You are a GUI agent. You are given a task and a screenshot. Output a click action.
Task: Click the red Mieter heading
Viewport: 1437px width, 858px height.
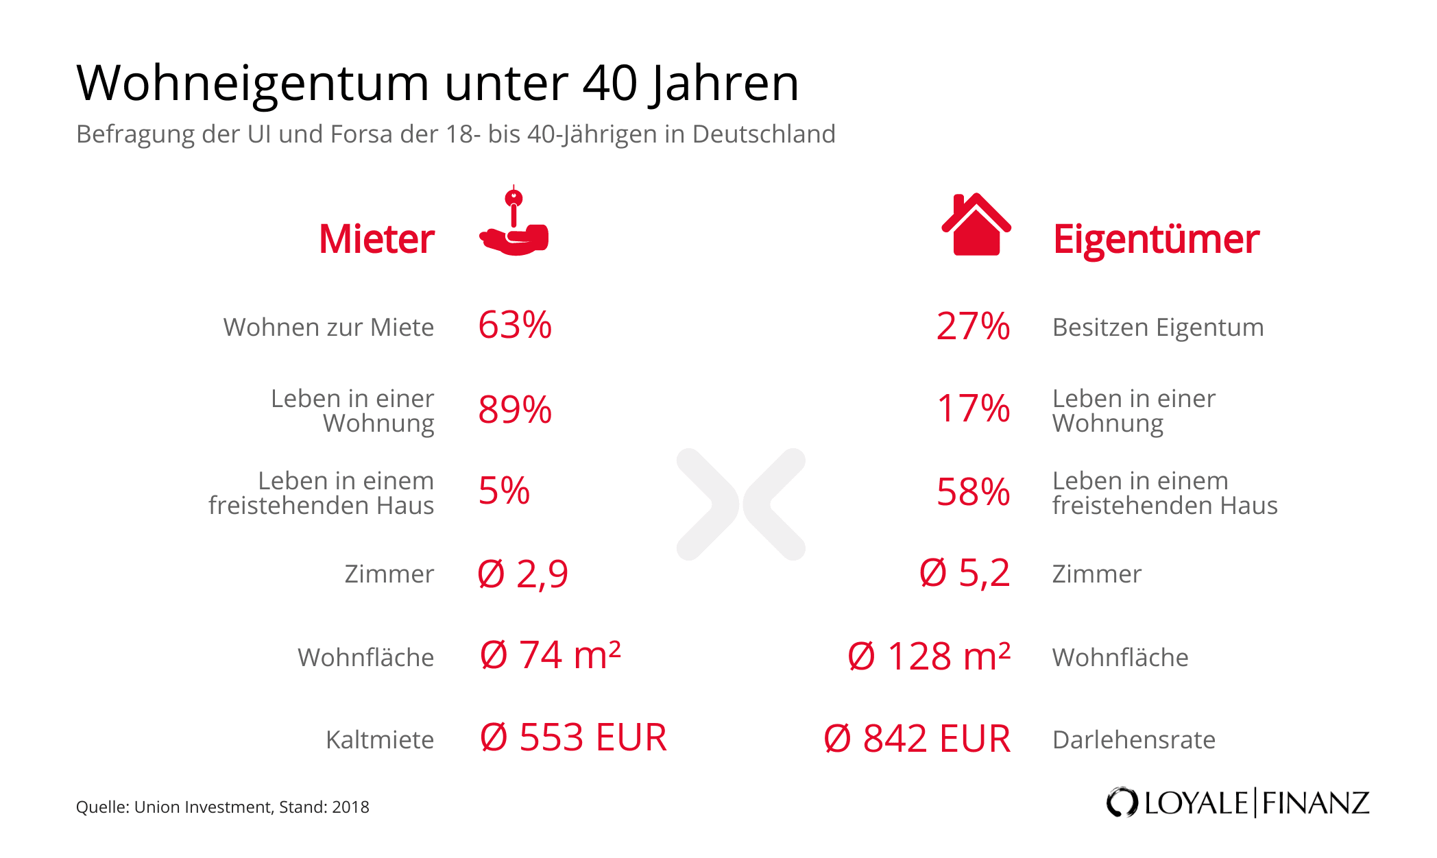tap(376, 239)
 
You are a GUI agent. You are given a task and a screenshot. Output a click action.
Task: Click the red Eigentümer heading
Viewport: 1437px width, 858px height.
tap(1156, 239)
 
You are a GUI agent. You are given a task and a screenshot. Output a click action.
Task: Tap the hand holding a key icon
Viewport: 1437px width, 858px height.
tap(514, 223)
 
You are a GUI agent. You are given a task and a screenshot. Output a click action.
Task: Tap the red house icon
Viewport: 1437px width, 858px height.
tap(976, 225)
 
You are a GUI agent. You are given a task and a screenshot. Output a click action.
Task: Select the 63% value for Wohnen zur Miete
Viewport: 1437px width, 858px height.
tap(515, 326)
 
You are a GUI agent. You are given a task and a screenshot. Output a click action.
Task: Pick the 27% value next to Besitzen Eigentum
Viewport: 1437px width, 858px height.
tap(973, 327)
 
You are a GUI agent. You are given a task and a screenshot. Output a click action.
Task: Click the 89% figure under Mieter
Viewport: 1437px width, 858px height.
tap(515, 410)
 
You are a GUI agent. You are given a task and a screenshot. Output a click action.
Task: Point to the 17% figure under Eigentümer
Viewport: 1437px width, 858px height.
tap(973, 408)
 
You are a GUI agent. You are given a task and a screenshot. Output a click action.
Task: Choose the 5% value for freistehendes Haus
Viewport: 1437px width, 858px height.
tap(504, 491)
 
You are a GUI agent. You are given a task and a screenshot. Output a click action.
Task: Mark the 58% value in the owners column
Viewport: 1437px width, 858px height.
tap(973, 492)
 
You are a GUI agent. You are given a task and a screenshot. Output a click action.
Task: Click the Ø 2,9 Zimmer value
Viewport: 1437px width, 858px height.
tap(523, 574)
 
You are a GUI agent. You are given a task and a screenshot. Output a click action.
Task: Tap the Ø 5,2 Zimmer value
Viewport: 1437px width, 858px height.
tap(965, 573)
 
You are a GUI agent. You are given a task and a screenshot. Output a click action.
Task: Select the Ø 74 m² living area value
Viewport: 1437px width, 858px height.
tap(551, 655)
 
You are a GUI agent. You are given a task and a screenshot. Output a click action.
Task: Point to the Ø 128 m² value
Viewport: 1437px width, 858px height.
tap(929, 657)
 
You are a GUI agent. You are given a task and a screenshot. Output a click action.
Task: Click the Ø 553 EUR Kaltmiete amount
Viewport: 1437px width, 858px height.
tap(573, 738)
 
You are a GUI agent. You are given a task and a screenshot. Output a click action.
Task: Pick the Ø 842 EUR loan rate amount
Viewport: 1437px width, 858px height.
tap(917, 739)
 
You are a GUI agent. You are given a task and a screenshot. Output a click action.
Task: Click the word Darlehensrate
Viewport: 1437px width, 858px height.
tap(1133, 740)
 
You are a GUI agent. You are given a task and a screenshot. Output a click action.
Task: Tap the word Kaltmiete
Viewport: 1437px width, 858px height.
tap(380, 740)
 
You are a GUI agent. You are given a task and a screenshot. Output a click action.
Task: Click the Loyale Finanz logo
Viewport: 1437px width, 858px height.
tap(1237, 802)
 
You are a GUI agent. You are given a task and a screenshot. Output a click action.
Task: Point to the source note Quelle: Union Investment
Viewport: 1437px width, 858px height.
tap(222, 807)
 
